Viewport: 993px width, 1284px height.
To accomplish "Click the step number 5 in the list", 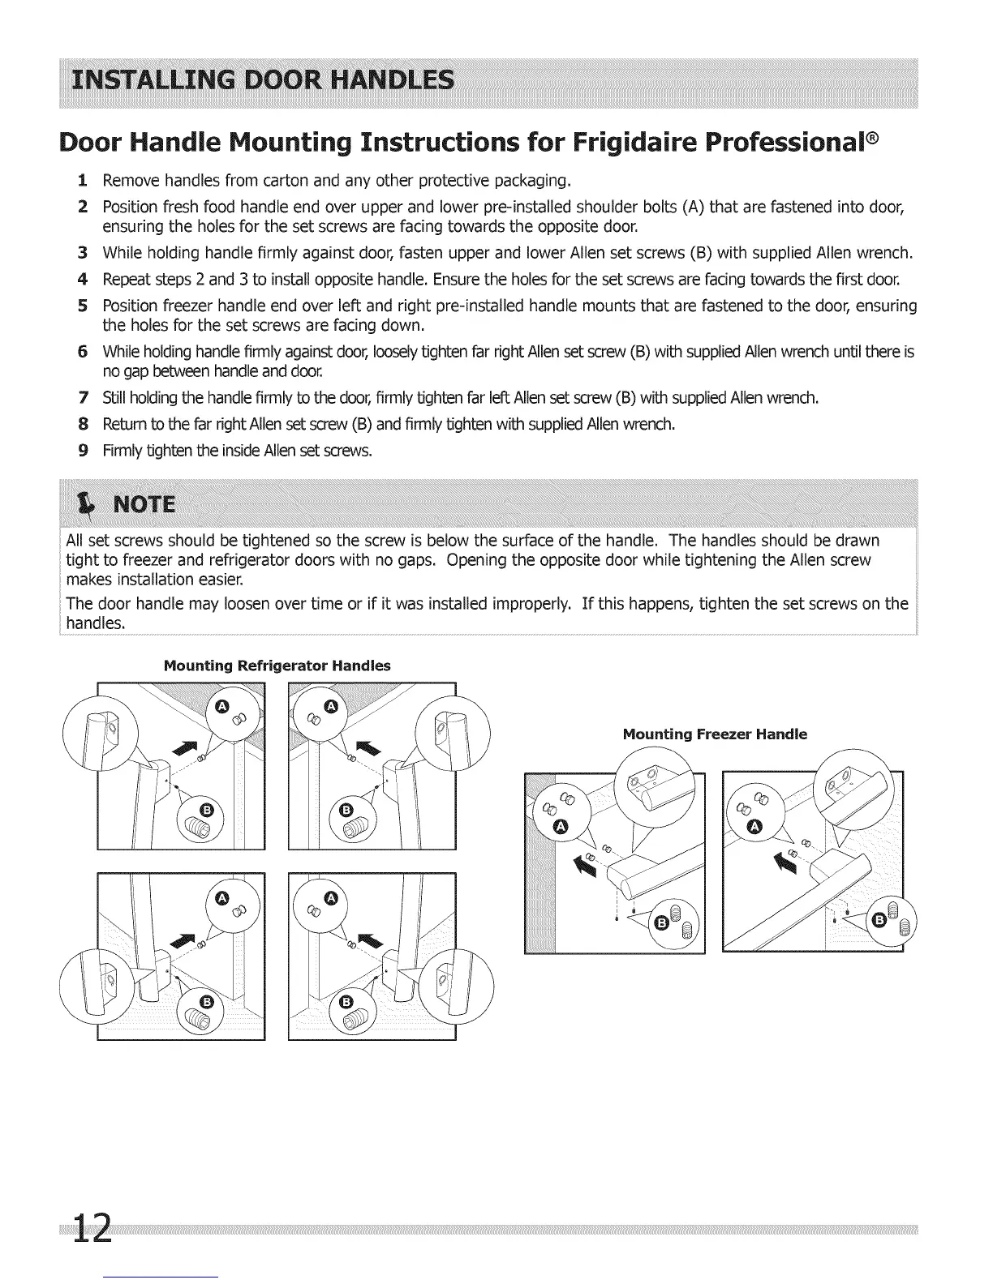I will tap(83, 306).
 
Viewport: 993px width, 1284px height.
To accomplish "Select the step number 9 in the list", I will tap(83, 452).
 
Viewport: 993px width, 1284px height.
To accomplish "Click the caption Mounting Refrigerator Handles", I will tap(277, 666).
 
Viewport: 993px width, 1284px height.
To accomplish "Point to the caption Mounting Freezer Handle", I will tap(715, 734).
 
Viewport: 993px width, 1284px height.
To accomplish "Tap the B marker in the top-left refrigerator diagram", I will tap(207, 810).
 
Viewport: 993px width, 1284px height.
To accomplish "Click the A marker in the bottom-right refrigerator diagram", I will tap(329, 897).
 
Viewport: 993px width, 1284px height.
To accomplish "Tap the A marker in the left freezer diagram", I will tap(559, 825).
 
